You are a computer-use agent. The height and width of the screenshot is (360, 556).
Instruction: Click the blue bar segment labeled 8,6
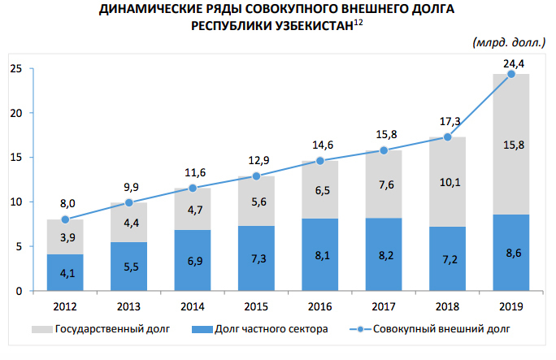(511, 252)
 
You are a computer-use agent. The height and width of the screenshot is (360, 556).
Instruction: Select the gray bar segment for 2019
(511, 144)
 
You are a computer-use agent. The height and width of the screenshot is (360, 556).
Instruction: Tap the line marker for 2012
(65, 219)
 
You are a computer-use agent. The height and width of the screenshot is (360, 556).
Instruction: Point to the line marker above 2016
(320, 161)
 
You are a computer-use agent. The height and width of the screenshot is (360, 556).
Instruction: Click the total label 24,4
(511, 62)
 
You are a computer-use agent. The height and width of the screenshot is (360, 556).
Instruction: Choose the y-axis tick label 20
(15, 113)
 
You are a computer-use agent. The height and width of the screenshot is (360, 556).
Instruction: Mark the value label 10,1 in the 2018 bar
(448, 182)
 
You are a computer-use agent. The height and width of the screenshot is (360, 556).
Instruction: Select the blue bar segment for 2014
(193, 260)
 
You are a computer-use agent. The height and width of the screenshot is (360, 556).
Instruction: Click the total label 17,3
(448, 122)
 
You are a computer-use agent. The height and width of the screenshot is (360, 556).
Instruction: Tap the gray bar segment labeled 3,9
(65, 236)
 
